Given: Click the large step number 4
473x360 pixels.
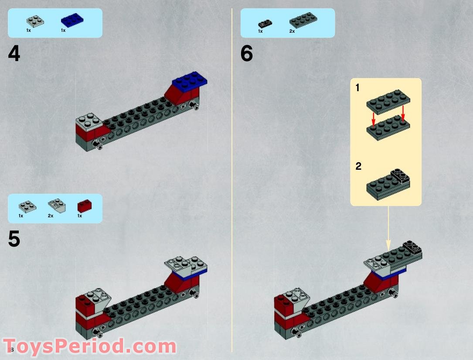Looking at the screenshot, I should tap(14, 54).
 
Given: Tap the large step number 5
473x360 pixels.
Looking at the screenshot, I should tap(14, 240).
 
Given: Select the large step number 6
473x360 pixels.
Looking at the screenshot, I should tap(247, 54).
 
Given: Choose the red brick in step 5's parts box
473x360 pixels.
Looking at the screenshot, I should tap(84, 205).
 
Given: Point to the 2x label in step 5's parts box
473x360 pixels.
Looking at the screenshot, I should tap(51, 216).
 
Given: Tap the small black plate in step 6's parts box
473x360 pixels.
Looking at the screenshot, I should tap(265, 23).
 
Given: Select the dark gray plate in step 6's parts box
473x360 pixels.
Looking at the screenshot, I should tap(303, 20).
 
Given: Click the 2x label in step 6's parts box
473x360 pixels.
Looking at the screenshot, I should tap(292, 31).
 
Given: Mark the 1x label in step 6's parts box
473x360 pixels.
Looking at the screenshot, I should tap(260, 31).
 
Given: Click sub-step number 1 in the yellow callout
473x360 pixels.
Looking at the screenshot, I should tap(357, 88).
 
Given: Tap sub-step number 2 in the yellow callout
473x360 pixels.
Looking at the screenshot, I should tap(358, 166).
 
